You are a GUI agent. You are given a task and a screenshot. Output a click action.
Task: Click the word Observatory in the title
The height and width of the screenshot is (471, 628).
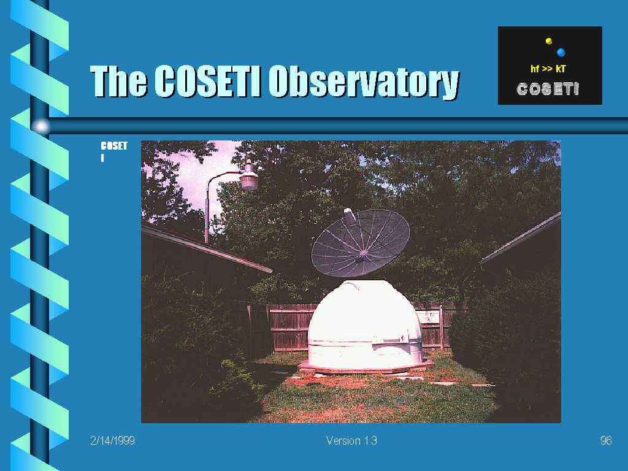point(364,82)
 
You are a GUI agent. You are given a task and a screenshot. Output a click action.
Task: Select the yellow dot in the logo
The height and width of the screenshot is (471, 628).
point(549,41)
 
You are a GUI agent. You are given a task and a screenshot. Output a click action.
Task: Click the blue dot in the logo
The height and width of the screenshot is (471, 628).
point(561,52)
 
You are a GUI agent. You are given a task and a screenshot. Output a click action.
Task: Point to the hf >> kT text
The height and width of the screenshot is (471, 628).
point(548,69)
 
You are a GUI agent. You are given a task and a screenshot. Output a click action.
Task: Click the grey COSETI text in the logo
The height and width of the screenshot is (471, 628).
point(548,89)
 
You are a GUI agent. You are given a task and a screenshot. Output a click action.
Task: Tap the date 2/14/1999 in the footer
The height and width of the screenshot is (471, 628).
point(113,440)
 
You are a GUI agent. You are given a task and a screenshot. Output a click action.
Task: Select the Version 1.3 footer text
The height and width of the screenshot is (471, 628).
point(351,440)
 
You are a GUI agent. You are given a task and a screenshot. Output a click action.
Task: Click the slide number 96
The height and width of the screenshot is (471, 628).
point(606,440)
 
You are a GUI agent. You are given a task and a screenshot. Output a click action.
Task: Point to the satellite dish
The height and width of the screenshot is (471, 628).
point(361,243)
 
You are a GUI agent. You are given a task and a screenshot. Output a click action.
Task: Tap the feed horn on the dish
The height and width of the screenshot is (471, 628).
point(350,216)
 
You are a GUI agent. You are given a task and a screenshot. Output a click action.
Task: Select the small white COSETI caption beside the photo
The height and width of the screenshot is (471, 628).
point(113,151)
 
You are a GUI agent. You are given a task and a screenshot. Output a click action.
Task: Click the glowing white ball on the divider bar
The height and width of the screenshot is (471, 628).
point(41,126)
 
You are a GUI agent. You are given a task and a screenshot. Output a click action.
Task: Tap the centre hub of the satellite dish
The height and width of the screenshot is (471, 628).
point(362,254)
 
